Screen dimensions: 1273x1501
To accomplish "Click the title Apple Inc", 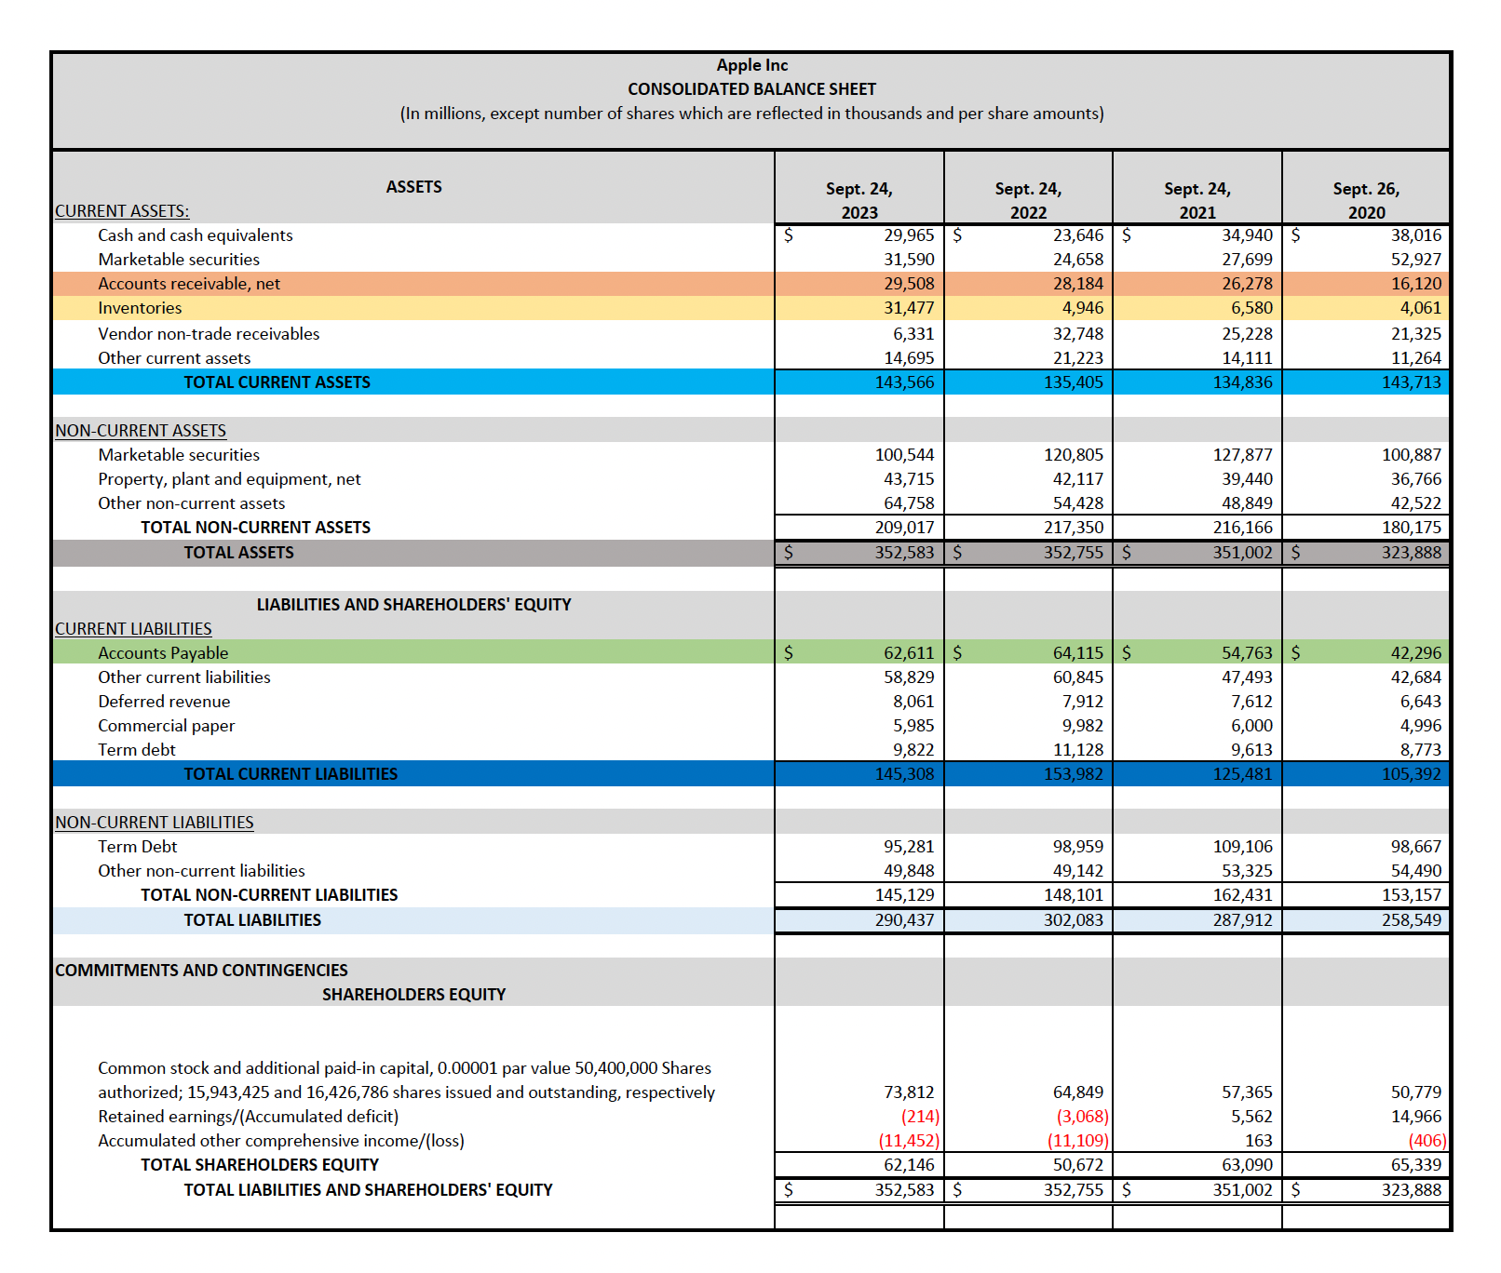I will pos(751,65).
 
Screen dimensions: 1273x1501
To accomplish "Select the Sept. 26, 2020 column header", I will pos(1365,200).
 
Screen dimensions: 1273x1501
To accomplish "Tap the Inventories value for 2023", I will pos(908,308).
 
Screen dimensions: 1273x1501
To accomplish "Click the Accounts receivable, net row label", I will pos(189,284).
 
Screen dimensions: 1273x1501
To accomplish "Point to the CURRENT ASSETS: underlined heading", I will pos(122,211).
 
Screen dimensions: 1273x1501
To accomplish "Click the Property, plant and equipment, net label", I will pos(229,479).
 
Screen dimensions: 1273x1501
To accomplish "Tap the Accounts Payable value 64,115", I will pos(1077,653).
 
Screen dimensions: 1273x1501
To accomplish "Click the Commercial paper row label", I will pos(167,726).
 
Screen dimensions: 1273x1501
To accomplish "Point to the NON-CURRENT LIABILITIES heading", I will pos(155,823).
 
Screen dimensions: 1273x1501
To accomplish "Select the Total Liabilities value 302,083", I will pos(1073,920).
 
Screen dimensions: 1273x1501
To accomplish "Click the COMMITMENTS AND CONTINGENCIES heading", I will pos(201,971).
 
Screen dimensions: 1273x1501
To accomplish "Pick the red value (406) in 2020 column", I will pos(1427,1141).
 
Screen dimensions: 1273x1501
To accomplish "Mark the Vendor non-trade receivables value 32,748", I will pos(1077,334).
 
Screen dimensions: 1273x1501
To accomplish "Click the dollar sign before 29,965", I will pos(789,235).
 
